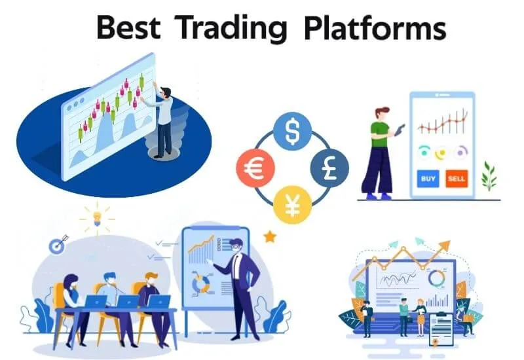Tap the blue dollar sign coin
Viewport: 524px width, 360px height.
[x=291, y=132]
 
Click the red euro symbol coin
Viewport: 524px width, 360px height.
[x=253, y=168]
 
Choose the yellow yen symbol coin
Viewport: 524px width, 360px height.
[x=291, y=204]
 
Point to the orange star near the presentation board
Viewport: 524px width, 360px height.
[x=269, y=236]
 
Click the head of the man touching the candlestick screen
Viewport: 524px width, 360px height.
[x=166, y=94]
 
